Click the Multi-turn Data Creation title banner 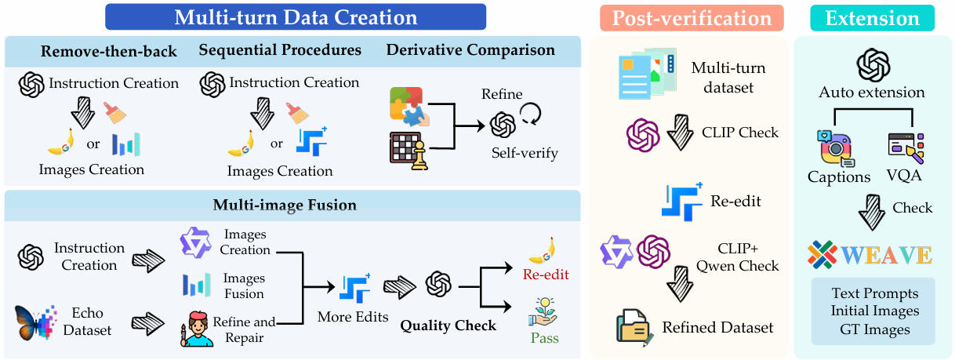click(296, 16)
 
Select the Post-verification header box click(686, 18)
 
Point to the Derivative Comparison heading click(470, 50)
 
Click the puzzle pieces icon click(408, 107)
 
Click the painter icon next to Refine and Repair click(199, 329)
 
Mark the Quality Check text click(448, 325)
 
